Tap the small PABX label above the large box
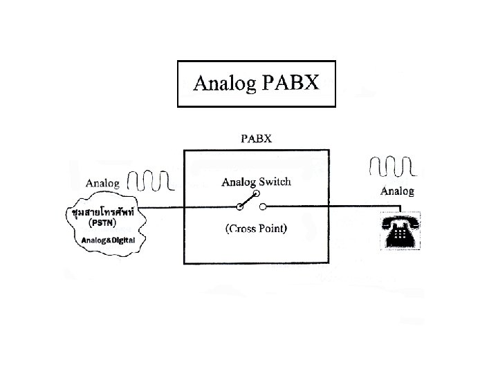[x=256, y=137]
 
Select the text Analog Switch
[x=256, y=182]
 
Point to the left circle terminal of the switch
[x=240, y=207]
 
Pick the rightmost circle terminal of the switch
[x=263, y=207]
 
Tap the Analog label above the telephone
[x=398, y=191]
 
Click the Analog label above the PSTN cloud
[x=102, y=183]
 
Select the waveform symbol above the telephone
[x=391, y=166]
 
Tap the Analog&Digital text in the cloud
[x=107, y=240]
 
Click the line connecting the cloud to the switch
[x=194, y=207]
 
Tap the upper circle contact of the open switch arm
[x=255, y=194]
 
